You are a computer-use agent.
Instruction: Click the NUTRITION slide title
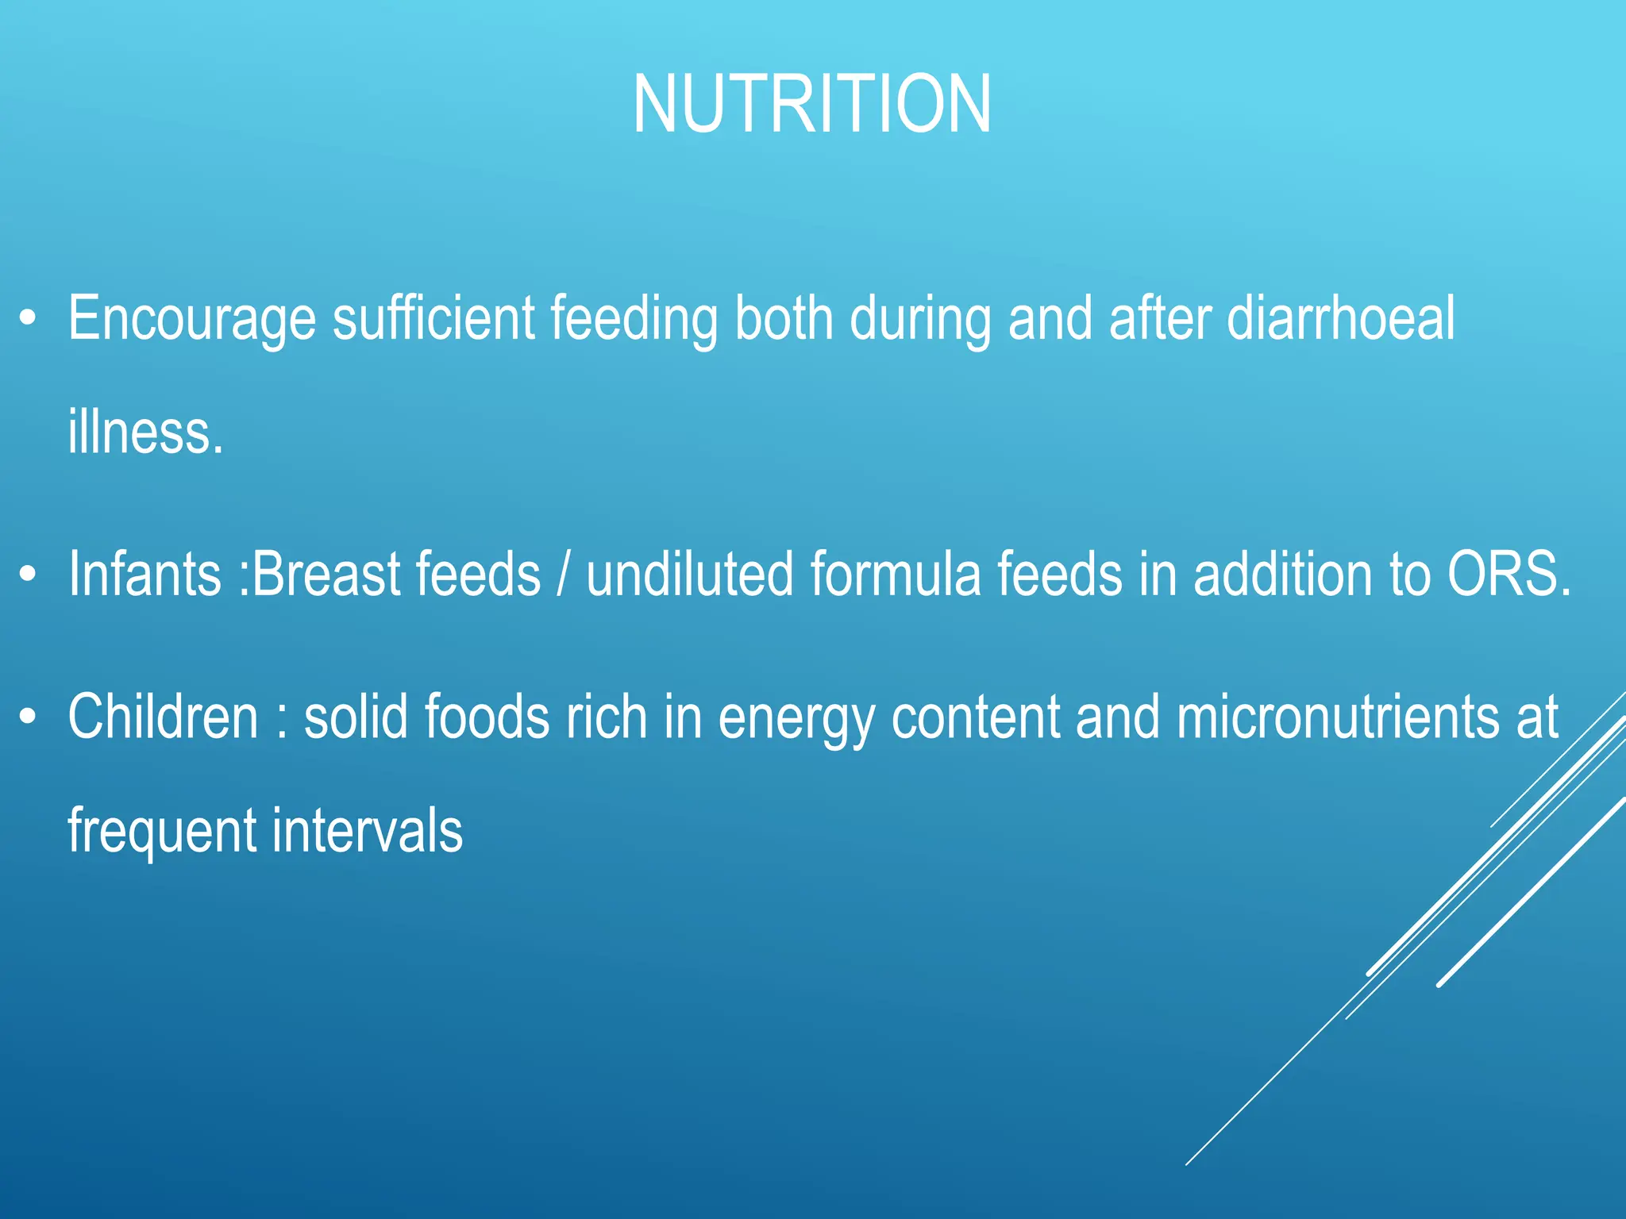tap(811, 105)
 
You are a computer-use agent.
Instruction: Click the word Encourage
tap(191, 319)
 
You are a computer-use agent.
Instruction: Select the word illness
tap(145, 433)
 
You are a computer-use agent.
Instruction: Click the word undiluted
tap(689, 574)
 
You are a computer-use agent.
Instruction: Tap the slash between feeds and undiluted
tap(563, 574)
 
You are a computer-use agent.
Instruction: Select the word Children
tap(163, 717)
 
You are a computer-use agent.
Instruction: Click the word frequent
tap(162, 831)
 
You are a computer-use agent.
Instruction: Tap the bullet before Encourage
tap(29, 319)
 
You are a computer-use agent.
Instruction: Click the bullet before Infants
tap(29, 574)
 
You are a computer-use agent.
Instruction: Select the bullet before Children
tap(29, 717)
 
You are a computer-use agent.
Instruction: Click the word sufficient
tap(433, 319)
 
